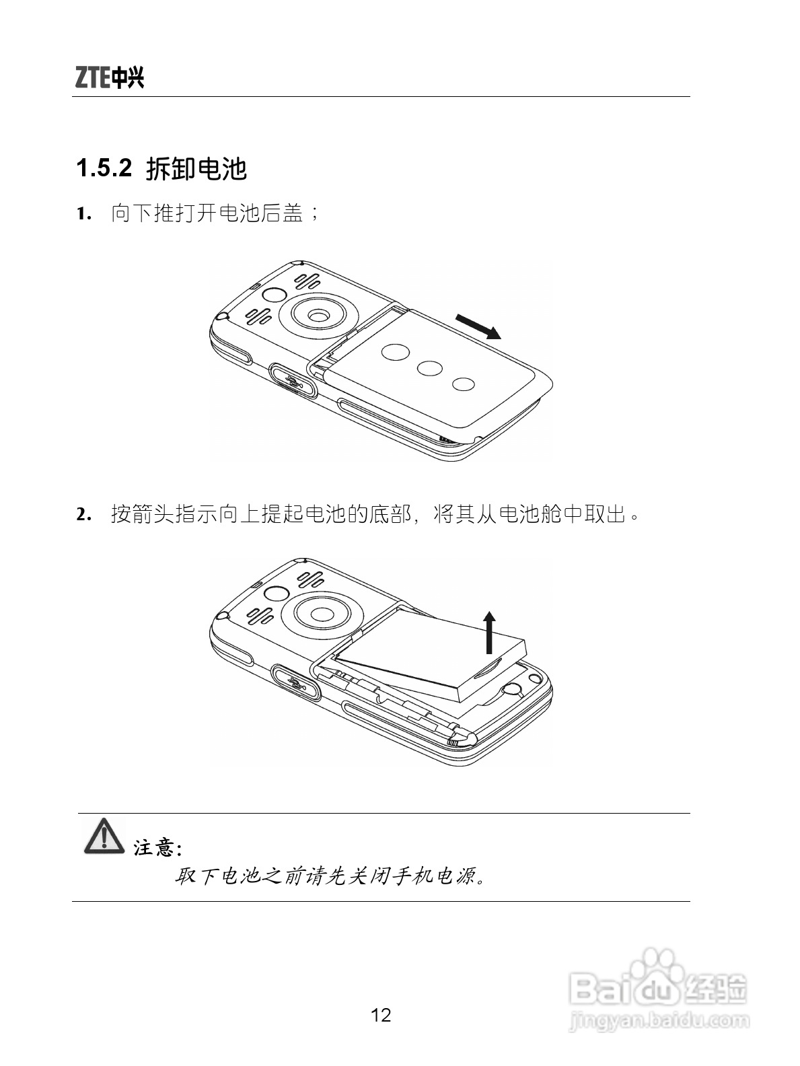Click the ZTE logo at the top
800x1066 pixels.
click(109, 78)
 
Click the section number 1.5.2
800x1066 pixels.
click(104, 168)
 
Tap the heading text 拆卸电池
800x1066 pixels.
click(196, 168)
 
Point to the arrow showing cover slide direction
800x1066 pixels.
click(478, 326)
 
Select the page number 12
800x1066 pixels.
click(381, 1015)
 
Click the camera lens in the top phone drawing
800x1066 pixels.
click(318, 315)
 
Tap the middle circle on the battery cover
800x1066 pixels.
click(429, 368)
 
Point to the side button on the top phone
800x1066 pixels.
click(293, 380)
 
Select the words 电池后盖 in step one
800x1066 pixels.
click(261, 215)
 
